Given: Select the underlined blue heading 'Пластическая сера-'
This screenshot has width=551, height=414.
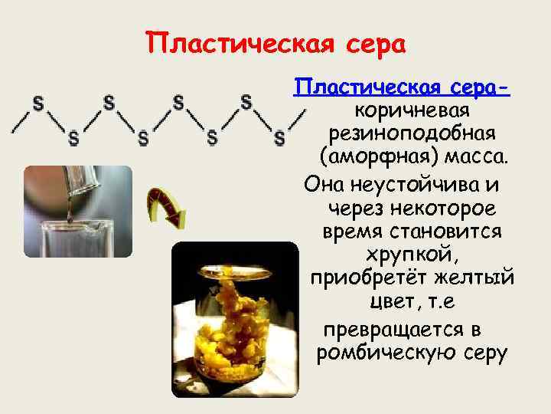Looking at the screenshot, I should click(x=403, y=90).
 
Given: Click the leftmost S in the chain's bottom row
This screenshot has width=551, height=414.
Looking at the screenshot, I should click(x=73, y=139).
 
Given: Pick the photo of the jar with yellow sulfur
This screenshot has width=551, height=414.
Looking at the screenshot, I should click(x=233, y=318).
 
